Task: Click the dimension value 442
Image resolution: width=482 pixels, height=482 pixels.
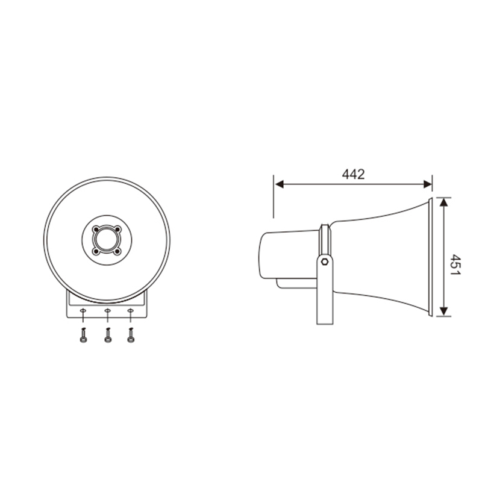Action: pyautogui.click(x=353, y=174)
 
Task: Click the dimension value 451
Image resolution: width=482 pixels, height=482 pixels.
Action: pyautogui.click(x=455, y=264)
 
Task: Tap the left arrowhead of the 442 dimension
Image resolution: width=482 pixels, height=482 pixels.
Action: pyautogui.click(x=279, y=184)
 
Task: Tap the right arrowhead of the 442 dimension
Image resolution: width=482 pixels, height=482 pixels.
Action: pyautogui.click(x=428, y=184)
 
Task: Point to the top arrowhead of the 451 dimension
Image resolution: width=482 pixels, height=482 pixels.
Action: pyautogui.click(x=443, y=202)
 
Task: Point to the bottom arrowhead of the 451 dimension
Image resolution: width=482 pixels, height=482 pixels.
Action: pyautogui.click(x=443, y=311)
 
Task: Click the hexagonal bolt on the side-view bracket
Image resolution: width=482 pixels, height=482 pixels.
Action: pyautogui.click(x=325, y=262)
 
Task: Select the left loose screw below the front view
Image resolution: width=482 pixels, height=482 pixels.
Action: pyautogui.click(x=83, y=336)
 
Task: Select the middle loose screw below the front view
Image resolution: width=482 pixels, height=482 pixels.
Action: pyautogui.click(x=108, y=336)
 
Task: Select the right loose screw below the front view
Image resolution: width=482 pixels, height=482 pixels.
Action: pyautogui.click(x=131, y=336)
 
